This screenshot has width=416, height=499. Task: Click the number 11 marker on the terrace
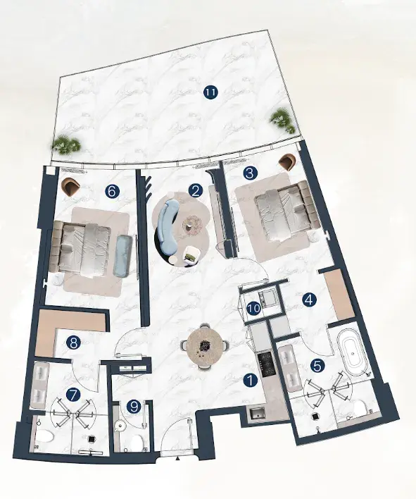[210, 92]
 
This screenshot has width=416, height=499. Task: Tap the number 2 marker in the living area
[196, 190]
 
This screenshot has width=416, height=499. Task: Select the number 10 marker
[254, 309]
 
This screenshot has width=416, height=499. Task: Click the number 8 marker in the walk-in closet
[73, 343]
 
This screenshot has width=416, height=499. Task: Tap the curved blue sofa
[168, 227]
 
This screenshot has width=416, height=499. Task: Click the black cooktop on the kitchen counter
[265, 364]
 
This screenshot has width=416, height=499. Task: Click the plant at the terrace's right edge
[281, 120]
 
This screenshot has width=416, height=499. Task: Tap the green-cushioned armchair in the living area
[191, 255]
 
